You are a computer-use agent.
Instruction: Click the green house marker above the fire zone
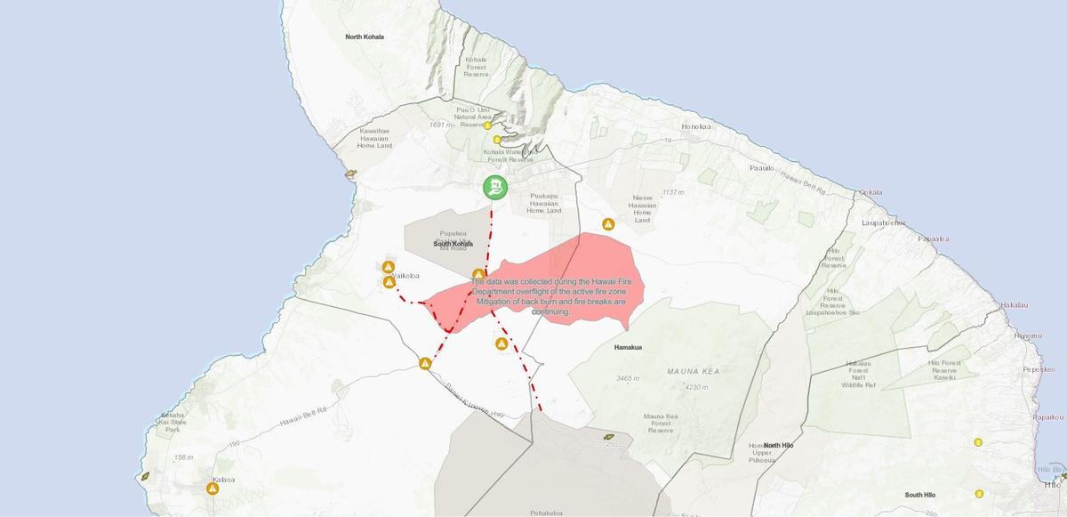(x=495, y=187)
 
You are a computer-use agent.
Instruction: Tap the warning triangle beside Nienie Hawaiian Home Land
(x=609, y=224)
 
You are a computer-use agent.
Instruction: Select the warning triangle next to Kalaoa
(x=213, y=488)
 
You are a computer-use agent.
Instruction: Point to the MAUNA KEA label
(x=692, y=371)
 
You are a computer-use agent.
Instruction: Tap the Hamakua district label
(x=629, y=348)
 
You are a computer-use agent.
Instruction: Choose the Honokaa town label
(x=696, y=126)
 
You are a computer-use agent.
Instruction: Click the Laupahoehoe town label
(x=884, y=222)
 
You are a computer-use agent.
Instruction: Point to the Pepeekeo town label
(x=1039, y=368)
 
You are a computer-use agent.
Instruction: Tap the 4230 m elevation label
(x=697, y=387)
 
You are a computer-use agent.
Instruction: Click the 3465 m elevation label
(x=628, y=379)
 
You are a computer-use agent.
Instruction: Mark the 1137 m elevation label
(x=673, y=192)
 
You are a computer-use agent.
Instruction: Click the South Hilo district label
(x=920, y=495)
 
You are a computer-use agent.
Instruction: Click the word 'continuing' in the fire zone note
(x=551, y=311)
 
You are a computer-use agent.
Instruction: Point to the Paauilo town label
(x=762, y=167)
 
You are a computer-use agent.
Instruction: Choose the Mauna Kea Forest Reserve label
(x=661, y=423)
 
